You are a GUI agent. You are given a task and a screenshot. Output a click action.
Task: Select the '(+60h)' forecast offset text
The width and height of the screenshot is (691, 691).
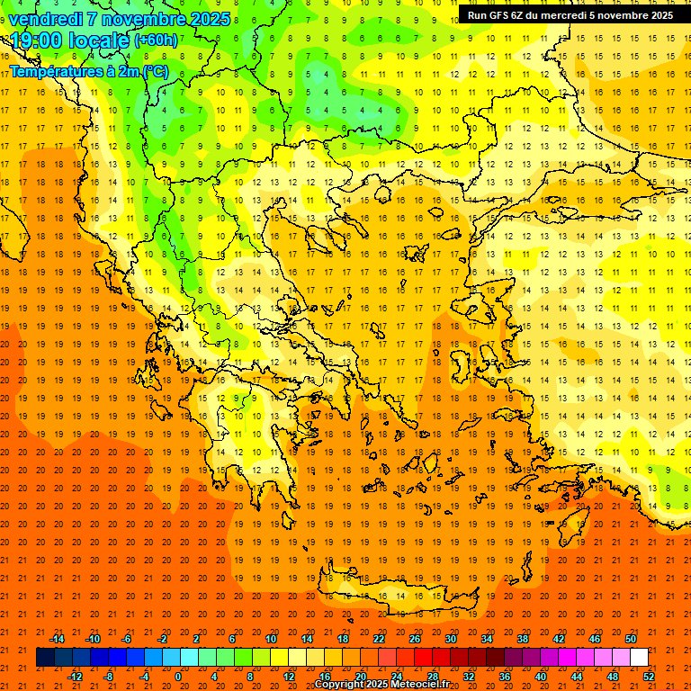coord(156,40)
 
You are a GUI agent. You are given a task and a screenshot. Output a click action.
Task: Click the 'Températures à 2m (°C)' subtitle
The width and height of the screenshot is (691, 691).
coord(88,70)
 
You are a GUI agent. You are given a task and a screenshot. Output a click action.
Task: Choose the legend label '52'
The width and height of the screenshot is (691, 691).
coord(650,677)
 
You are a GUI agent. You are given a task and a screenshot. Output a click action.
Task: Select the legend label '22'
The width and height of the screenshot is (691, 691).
coord(379,639)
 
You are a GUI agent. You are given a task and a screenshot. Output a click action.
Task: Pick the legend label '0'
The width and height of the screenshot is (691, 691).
coord(177,677)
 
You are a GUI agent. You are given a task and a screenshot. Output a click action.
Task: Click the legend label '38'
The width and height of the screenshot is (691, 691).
coord(523,639)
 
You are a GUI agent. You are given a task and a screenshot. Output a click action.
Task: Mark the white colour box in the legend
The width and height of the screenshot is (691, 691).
coord(640,658)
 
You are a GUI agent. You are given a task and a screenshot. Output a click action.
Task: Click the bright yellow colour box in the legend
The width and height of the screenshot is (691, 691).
coord(280,658)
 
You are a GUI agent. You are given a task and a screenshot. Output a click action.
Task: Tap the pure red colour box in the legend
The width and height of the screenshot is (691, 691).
coord(424,658)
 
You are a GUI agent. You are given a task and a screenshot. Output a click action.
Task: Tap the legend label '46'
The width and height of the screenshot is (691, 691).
coord(595,639)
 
